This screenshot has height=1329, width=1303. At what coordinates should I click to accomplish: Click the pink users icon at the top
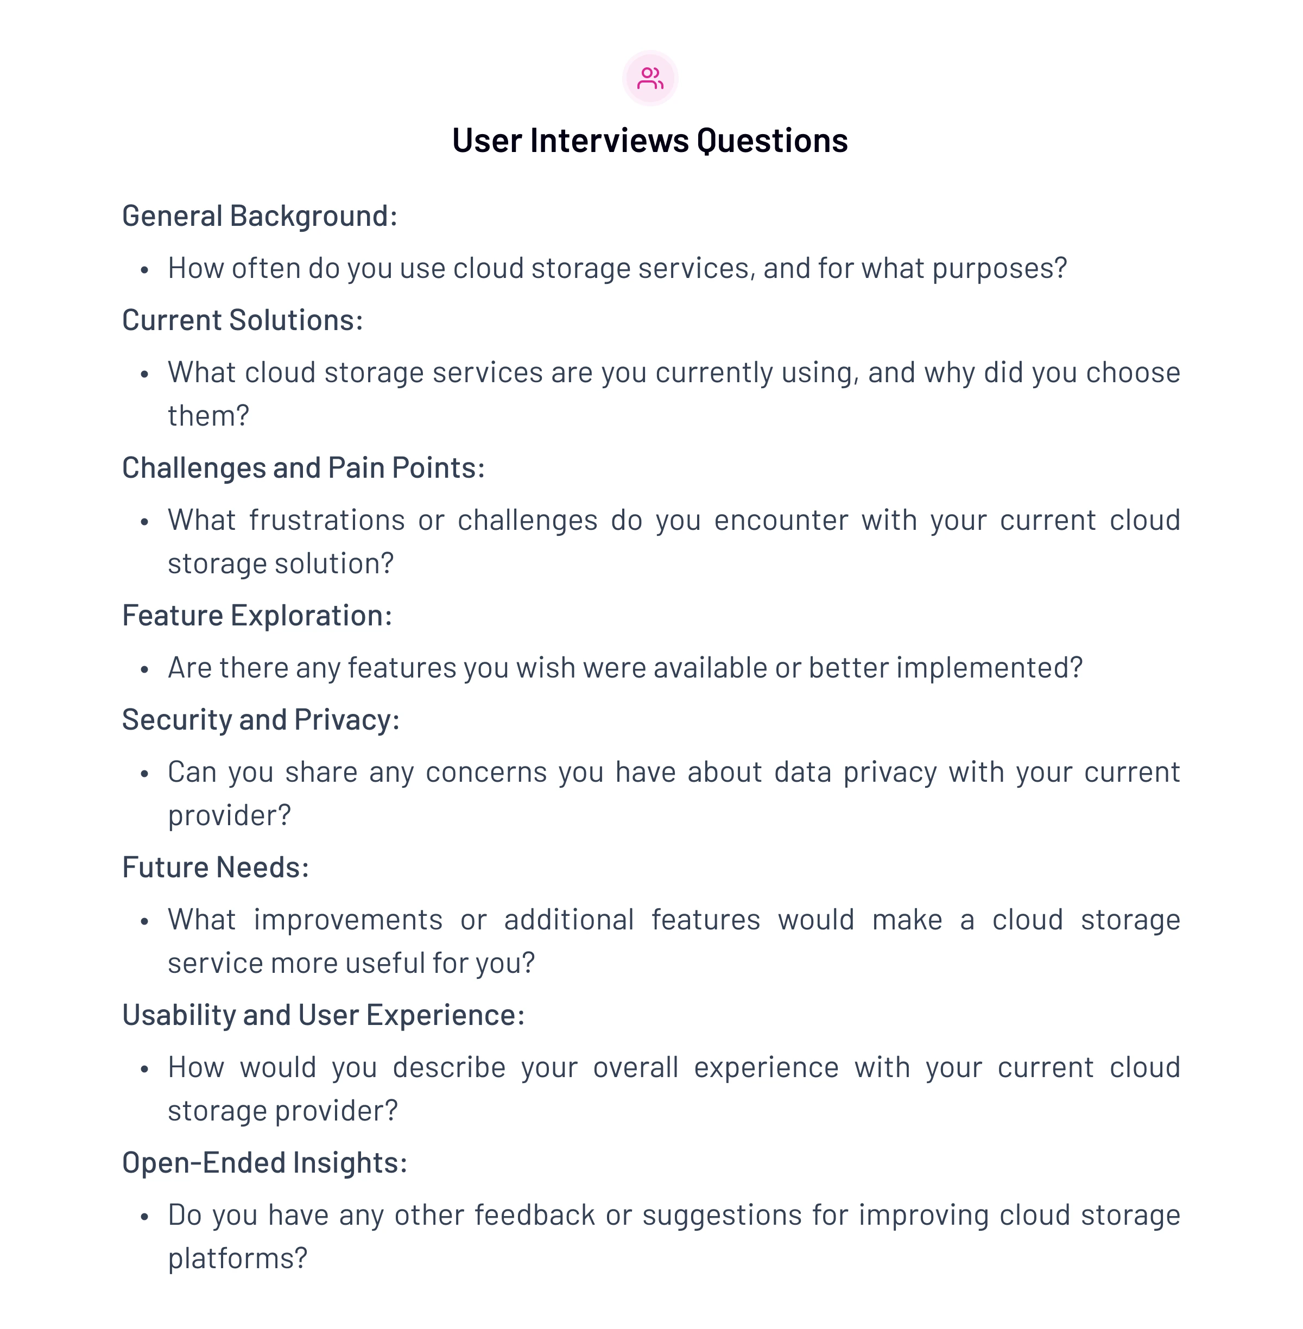650,78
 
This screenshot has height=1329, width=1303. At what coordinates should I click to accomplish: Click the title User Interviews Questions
650,141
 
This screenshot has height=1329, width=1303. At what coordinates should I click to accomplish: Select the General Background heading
260,216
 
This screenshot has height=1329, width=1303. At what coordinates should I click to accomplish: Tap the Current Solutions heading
242,320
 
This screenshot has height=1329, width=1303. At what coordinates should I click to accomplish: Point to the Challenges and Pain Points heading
303,468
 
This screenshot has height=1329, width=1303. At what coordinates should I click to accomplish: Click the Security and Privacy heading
261,720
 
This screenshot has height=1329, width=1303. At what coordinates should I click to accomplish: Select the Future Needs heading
216,868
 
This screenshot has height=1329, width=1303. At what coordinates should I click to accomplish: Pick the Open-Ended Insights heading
265,1163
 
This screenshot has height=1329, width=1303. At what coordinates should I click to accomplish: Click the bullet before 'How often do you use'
144,270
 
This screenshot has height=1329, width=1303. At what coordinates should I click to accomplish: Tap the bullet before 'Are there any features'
144,670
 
